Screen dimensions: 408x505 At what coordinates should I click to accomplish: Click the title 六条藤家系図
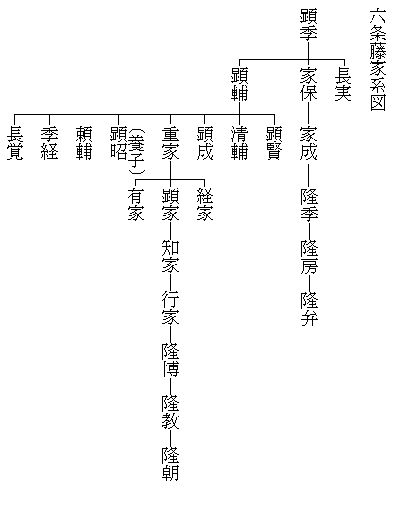click(x=378, y=60)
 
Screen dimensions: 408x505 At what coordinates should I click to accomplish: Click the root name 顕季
click(x=309, y=24)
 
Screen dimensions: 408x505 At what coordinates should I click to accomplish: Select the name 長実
click(x=344, y=85)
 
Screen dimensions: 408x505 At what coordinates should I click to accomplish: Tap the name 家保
click(x=309, y=85)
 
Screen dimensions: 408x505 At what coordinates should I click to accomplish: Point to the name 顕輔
click(x=240, y=85)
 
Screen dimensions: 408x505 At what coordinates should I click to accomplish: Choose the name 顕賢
click(x=275, y=143)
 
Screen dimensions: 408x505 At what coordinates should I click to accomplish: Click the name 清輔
click(x=240, y=143)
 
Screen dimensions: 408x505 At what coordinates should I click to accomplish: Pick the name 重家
click(x=171, y=143)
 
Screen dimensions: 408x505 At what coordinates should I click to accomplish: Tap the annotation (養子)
click(x=136, y=151)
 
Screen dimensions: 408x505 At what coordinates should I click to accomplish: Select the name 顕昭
click(x=119, y=143)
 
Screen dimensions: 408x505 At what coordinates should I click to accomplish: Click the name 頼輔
click(x=84, y=143)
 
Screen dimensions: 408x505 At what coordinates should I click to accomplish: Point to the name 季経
click(x=50, y=143)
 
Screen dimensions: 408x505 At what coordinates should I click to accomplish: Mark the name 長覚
click(x=15, y=143)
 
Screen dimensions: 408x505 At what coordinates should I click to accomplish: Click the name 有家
click(x=136, y=205)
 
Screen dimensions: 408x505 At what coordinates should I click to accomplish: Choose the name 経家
click(x=205, y=205)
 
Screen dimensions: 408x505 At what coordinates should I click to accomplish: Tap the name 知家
click(x=171, y=256)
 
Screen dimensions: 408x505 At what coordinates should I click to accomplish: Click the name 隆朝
click(x=171, y=464)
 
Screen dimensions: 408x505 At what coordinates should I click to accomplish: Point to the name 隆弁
click(x=309, y=309)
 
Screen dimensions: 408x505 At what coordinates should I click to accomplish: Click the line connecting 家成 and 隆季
click(x=309, y=175)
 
